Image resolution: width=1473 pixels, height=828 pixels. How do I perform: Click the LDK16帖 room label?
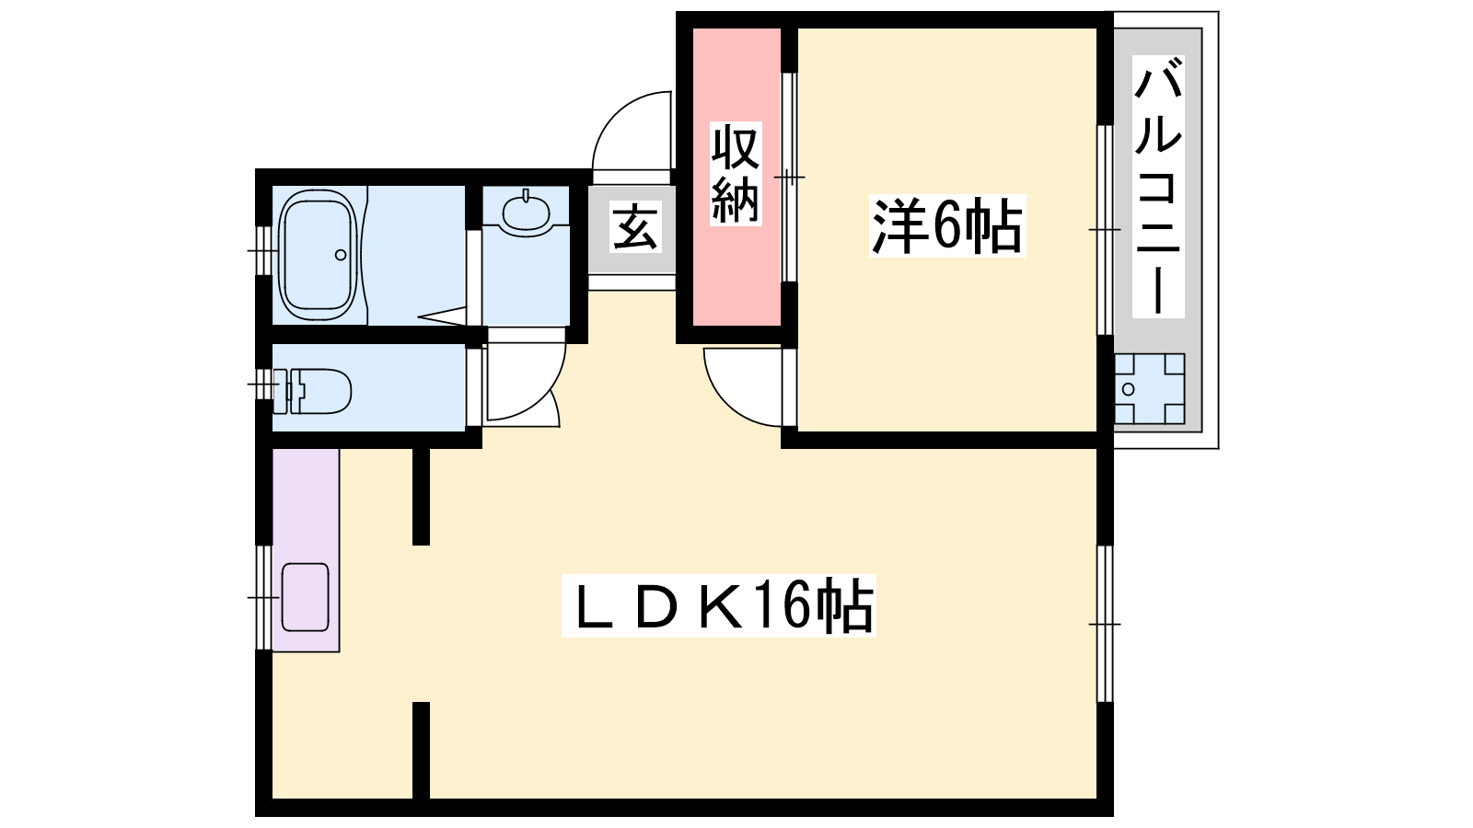[719, 605]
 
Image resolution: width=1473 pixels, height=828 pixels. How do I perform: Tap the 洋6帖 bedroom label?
[947, 225]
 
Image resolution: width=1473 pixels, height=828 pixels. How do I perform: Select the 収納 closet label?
[736, 174]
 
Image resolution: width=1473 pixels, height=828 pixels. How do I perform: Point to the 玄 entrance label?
[635, 228]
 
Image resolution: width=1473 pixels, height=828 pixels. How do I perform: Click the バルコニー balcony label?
[1158, 187]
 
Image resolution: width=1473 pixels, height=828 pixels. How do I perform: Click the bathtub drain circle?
[341, 255]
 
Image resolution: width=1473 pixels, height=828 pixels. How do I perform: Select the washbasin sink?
[526, 211]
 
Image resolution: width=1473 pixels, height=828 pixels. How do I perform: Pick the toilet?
[312, 392]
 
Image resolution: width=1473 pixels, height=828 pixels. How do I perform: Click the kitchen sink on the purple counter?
[305, 597]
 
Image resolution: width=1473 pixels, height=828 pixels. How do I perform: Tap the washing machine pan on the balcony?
[1149, 389]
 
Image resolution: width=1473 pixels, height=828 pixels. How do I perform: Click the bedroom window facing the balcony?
[1105, 230]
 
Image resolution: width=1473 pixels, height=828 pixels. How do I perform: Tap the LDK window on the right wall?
[1105, 624]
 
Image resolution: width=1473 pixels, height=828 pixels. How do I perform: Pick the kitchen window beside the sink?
[263, 597]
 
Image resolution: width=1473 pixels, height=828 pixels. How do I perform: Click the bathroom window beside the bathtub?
[263, 251]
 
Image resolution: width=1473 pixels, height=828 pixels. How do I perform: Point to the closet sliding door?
[789, 178]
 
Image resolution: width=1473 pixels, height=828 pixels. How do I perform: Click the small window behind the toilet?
[263, 384]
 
